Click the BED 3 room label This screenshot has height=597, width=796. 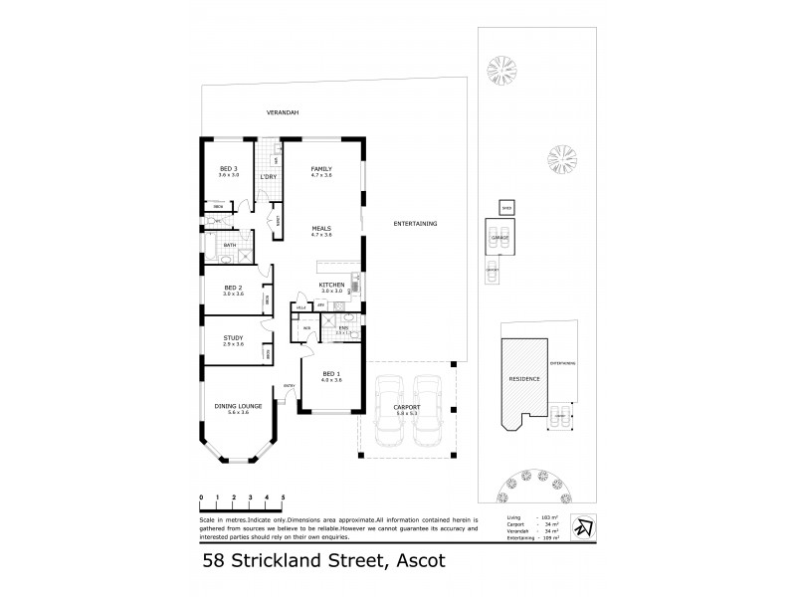(229, 169)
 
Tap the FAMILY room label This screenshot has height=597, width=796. (320, 169)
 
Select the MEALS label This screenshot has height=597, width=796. (320, 228)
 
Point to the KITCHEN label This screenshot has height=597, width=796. (331, 285)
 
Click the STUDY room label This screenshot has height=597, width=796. (233, 337)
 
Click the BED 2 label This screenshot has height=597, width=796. (233, 286)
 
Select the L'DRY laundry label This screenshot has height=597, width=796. (268, 176)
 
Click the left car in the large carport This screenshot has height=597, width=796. (389, 413)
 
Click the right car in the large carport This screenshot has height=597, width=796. (428, 413)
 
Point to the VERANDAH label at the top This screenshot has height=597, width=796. (283, 112)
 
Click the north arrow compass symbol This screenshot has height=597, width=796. (586, 528)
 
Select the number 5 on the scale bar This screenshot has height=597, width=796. (284, 496)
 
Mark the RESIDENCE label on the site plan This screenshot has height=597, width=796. (524, 379)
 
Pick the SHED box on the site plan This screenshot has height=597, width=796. (505, 208)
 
